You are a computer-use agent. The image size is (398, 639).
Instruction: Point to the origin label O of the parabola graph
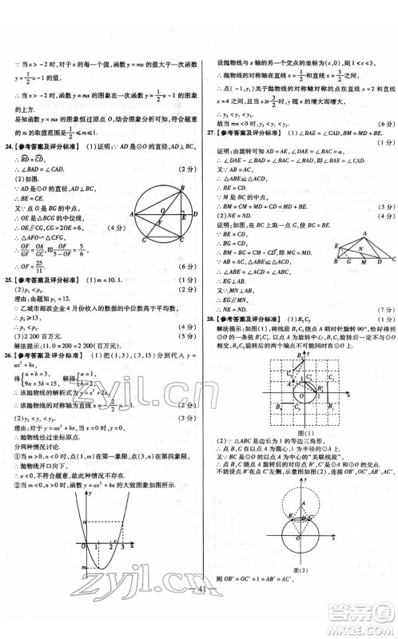pyautogui.click(x=84, y=546)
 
